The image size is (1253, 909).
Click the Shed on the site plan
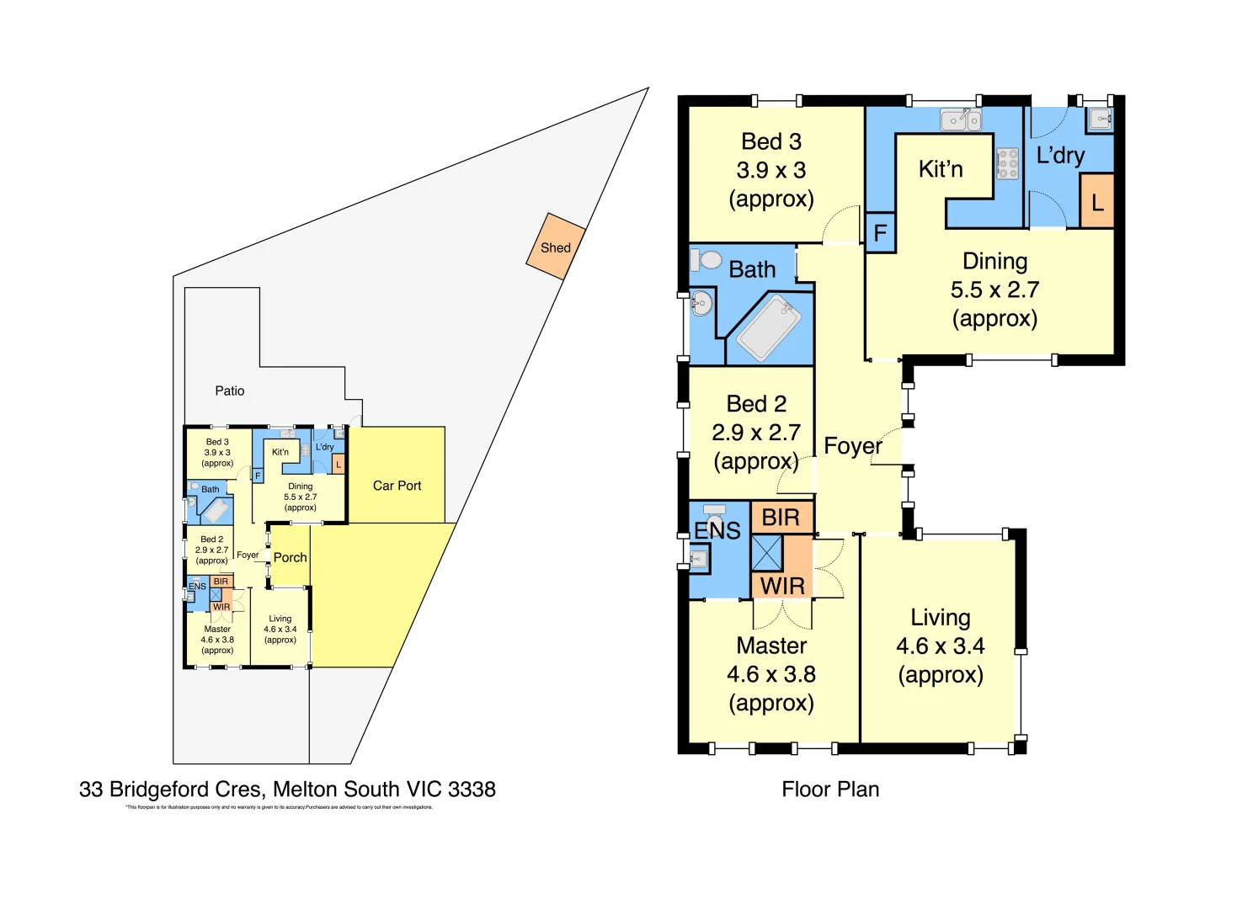556,247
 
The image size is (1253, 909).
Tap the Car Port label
397,486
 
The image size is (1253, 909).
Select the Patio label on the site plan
229,391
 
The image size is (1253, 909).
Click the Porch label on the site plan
290,557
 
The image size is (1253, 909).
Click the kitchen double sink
961,120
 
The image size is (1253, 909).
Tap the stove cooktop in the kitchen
1007,163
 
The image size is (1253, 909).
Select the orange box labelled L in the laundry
1096,201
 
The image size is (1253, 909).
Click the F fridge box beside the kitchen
880,232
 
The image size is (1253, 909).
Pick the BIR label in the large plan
781,518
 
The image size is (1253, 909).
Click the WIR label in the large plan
782,586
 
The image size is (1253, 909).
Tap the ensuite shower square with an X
766,553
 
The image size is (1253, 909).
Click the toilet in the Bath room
708,258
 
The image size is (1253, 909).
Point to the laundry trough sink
1101,119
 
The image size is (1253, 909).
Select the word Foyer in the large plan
852,445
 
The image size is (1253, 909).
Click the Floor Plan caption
829,789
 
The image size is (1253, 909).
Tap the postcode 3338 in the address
472,789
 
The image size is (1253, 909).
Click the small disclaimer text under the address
279,807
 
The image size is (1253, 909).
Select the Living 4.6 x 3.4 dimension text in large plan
940,646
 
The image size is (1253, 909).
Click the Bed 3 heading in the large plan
770,141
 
